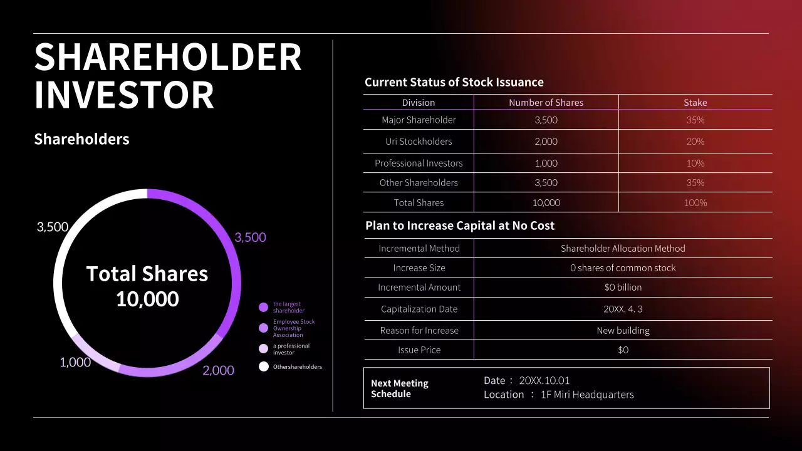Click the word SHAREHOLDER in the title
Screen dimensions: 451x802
coord(168,57)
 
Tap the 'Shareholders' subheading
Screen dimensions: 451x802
coord(81,139)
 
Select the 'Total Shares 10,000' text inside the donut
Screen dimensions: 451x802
coord(147,286)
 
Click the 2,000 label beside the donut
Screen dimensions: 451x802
coord(218,370)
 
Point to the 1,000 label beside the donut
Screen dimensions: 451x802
coord(75,362)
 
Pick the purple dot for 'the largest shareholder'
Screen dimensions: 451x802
coord(264,307)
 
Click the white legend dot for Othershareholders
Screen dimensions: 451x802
coord(264,366)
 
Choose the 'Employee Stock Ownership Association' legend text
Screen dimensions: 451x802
coord(294,328)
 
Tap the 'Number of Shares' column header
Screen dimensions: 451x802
coord(546,103)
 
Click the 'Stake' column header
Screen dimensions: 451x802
coord(695,103)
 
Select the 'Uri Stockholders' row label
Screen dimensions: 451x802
coord(419,142)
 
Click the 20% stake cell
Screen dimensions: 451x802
coord(695,142)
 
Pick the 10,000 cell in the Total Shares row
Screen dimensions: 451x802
coord(546,203)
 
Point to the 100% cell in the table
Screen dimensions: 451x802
coord(695,203)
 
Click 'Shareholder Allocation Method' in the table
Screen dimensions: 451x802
coord(623,249)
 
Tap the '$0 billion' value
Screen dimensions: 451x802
coord(623,288)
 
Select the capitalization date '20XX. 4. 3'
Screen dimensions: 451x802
coord(623,309)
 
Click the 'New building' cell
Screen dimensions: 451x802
coord(623,331)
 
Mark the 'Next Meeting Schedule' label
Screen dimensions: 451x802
coord(400,388)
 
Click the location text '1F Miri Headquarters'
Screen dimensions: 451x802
coord(587,395)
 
